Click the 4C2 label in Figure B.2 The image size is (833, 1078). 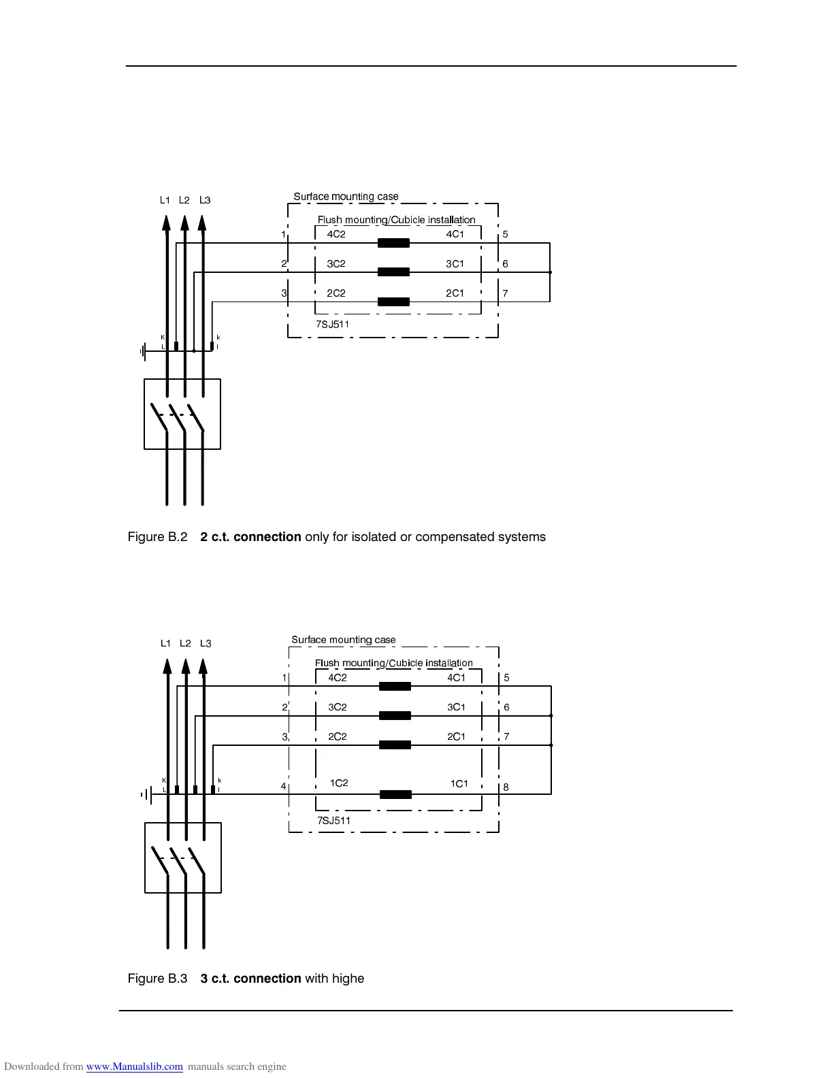[336, 234]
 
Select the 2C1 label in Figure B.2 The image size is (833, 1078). [455, 293]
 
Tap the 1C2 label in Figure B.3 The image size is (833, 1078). [339, 783]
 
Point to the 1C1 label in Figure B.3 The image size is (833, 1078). [459, 783]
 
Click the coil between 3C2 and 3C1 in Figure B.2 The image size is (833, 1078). [393, 272]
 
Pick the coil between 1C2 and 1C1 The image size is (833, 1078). [395, 794]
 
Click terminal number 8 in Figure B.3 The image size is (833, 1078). [506, 787]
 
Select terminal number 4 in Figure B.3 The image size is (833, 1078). [284, 787]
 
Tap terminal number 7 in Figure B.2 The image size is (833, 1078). [505, 293]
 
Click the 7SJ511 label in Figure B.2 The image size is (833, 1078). [333, 325]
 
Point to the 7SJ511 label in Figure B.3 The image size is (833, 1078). [334, 821]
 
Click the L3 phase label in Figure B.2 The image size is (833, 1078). [205, 200]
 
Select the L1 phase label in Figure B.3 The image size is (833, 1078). [165, 643]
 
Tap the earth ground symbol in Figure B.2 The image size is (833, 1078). [143, 352]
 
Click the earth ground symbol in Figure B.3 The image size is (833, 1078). [146, 794]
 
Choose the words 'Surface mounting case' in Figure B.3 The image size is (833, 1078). [344, 640]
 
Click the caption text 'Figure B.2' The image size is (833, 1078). [157, 537]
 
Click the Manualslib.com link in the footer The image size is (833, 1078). [135, 1066]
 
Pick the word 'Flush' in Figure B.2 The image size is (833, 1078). [329, 220]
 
